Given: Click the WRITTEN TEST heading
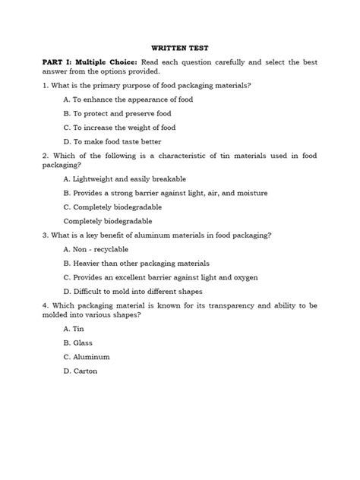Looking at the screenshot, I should tap(181, 45).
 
